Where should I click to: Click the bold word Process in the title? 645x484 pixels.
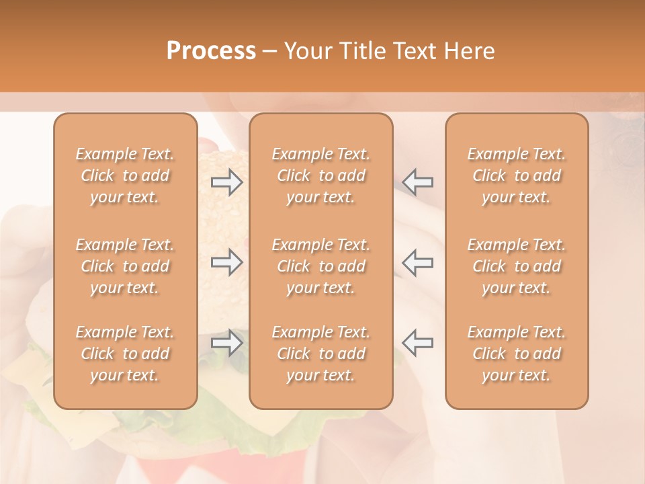[211, 51]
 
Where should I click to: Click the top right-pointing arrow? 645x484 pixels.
[226, 181]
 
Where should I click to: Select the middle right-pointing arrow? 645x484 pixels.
[226, 262]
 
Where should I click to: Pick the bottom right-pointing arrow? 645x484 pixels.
[226, 342]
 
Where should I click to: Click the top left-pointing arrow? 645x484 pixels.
[418, 181]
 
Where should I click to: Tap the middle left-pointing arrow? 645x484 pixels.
[418, 262]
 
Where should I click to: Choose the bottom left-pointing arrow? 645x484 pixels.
[418, 342]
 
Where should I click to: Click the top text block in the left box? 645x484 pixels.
[125, 175]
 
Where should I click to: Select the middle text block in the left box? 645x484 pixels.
[125, 266]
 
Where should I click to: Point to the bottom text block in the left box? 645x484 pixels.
[125, 354]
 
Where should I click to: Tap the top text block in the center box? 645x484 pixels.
[320, 175]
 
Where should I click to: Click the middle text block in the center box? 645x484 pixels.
[320, 266]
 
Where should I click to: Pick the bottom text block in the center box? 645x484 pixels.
[320, 354]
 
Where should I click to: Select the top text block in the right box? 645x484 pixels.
[516, 175]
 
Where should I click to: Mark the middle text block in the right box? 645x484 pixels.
[516, 266]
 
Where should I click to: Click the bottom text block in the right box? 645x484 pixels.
[516, 354]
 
